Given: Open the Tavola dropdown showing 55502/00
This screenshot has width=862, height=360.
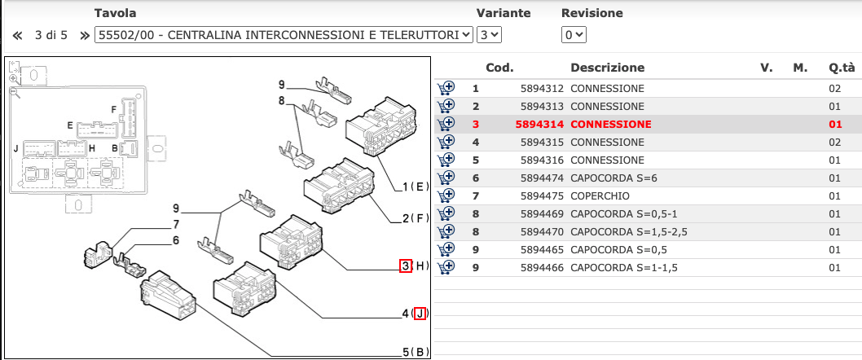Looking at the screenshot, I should click(284, 35).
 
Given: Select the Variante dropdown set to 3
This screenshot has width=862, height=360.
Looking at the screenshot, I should click(489, 35).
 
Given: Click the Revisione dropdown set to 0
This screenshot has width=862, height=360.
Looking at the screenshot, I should click(574, 35).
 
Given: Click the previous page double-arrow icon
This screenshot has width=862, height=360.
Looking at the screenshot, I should click(17, 35).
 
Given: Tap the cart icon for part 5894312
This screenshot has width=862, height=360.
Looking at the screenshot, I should click(446, 88).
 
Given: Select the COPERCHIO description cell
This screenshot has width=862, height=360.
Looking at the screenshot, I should click(600, 195).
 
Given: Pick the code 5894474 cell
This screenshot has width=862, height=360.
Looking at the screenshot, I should click(543, 178).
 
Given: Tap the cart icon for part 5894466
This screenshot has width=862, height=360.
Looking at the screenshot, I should click(446, 267).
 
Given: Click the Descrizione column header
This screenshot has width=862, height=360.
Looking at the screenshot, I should click(607, 68).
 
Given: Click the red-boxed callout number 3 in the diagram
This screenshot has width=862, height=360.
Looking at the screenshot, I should click(405, 266).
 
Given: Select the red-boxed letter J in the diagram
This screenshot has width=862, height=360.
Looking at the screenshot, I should click(420, 313).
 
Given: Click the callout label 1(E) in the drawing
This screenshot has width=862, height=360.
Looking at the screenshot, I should click(416, 187).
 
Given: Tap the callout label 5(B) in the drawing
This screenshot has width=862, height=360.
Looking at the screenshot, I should click(416, 353).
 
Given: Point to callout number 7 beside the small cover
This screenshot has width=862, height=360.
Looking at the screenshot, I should click(174, 224).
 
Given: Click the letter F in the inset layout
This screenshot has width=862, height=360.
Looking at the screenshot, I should click(114, 109).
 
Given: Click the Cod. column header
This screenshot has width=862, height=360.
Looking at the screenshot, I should click(499, 68).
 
